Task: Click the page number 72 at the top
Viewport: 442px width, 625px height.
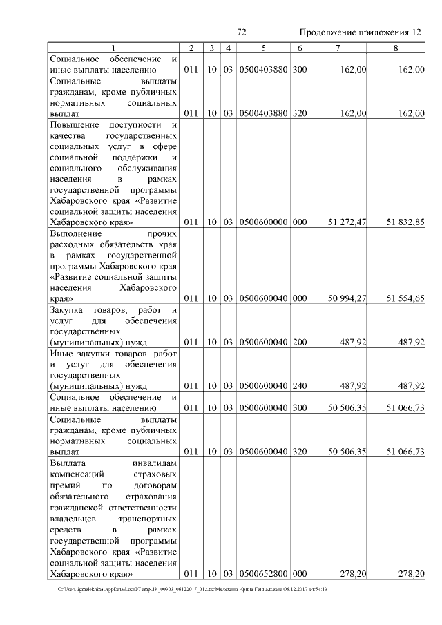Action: pos(242,32)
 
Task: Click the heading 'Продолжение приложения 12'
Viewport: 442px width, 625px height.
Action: pos(360,33)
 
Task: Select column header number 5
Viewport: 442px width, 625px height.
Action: pos(264,48)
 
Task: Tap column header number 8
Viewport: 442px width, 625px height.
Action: pos(396,48)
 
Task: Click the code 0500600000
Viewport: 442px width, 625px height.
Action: pos(263,223)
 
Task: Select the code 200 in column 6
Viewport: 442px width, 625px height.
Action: pos(299,342)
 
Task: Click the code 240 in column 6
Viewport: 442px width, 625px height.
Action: pos(299,386)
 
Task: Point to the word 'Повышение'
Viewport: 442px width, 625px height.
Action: pos(75,124)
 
